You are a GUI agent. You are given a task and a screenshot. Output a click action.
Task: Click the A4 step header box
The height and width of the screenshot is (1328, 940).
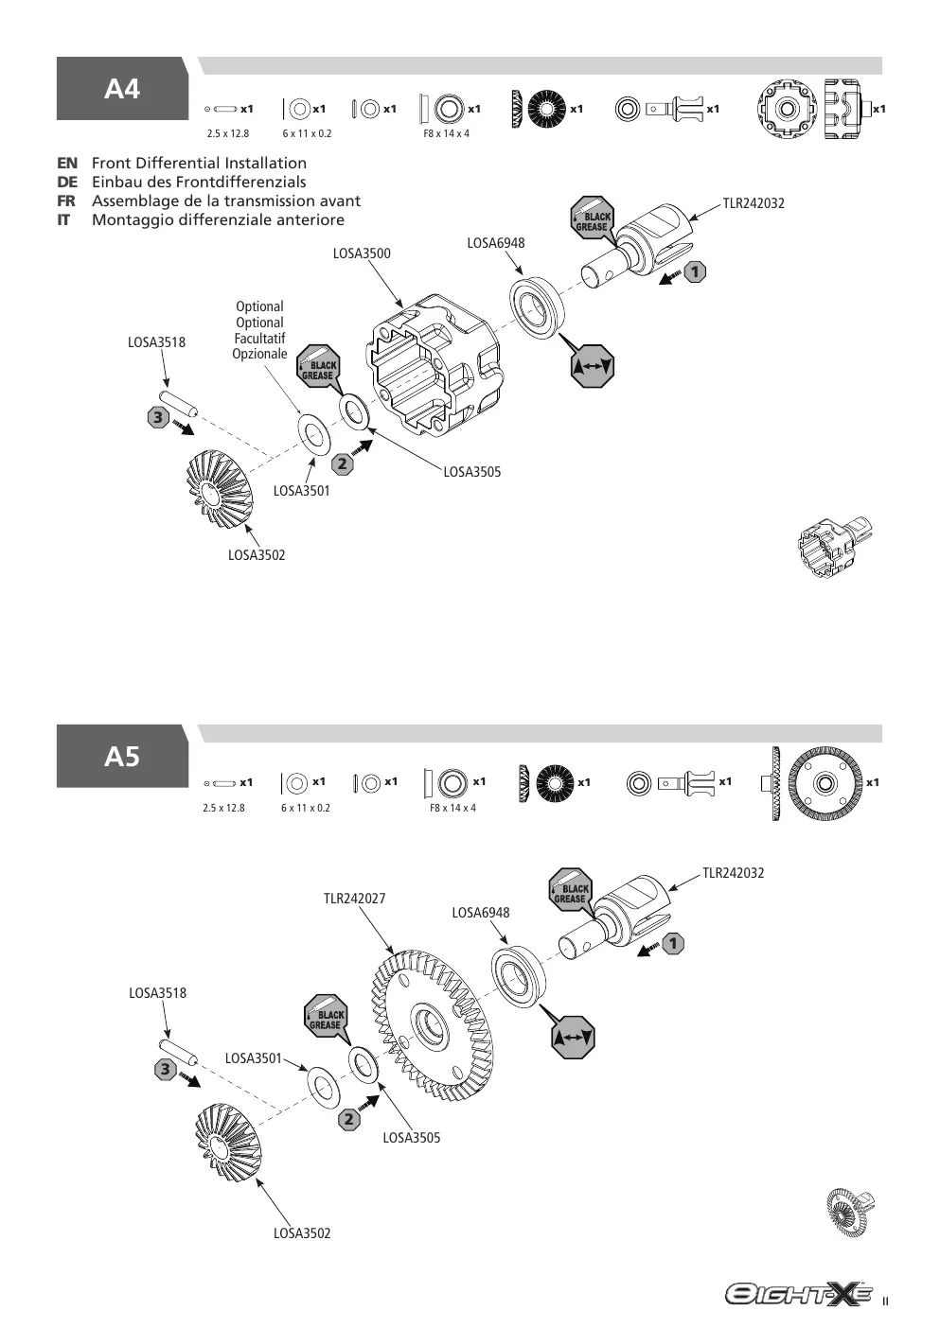coord(122,88)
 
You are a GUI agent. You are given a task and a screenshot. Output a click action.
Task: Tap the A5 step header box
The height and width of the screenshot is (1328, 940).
coord(122,756)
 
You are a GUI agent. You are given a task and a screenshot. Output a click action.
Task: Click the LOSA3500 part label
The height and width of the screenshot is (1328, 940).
coord(362,253)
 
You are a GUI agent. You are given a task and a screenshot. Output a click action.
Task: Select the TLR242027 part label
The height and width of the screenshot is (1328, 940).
coord(354,899)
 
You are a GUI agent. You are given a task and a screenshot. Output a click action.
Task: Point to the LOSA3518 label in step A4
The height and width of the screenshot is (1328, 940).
coord(157,342)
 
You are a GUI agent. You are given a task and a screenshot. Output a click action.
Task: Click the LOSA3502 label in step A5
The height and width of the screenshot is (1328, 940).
coord(302,1233)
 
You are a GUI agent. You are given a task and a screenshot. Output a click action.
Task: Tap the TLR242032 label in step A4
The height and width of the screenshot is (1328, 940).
coord(754,203)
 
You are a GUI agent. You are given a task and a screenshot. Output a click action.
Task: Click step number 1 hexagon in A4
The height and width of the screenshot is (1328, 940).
coord(695,272)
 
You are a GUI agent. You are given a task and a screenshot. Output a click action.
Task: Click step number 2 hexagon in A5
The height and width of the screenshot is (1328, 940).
coord(349,1119)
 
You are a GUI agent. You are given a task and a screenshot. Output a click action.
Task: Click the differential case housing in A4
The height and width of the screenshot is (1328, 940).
coord(437,365)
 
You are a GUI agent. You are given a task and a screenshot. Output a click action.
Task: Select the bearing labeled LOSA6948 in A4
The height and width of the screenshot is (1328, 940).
coord(537,307)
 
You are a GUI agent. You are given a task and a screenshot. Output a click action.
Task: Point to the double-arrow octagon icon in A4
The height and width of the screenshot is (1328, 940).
coord(593,366)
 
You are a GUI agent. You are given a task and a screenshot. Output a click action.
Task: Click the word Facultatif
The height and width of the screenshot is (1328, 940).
coord(260,339)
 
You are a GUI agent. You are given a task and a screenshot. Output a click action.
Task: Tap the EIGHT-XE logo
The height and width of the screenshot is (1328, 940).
coord(799,1294)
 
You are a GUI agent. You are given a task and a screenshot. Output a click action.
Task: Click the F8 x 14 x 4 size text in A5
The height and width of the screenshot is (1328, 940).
coord(452,808)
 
